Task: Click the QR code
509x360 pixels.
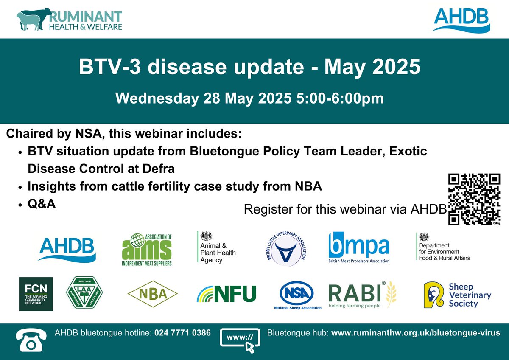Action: (x=474, y=199)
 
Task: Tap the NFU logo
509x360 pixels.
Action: (x=227, y=293)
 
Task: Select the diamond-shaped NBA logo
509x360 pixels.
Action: (x=153, y=293)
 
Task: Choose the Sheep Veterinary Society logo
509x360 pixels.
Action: (x=457, y=294)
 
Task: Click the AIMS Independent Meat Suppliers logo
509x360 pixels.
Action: (x=147, y=249)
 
